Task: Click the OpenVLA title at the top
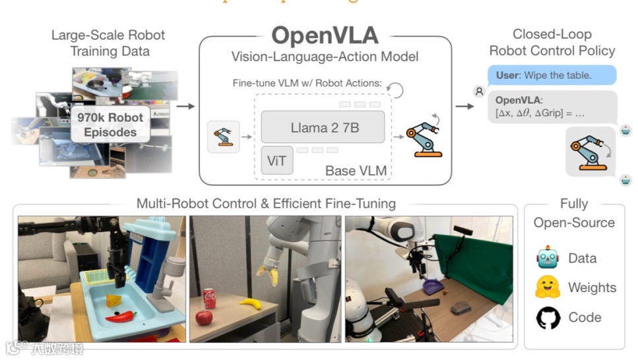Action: click(x=325, y=35)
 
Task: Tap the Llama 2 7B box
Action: click(x=323, y=127)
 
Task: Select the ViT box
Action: click(x=277, y=161)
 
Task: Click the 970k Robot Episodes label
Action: click(x=110, y=125)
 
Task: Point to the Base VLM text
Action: click(x=356, y=171)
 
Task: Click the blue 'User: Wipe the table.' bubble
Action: click(x=552, y=75)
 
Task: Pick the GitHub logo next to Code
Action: click(x=548, y=318)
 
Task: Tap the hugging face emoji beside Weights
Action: click(x=548, y=287)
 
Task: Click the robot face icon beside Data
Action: click(x=548, y=258)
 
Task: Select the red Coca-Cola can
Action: click(x=209, y=299)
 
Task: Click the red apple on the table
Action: click(x=204, y=318)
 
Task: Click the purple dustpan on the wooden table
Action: click(x=432, y=287)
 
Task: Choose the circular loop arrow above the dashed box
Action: click(x=395, y=90)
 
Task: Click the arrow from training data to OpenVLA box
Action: click(x=186, y=106)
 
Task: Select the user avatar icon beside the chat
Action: click(x=480, y=92)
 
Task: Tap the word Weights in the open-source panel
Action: click(x=592, y=287)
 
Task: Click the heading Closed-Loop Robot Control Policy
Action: click(x=552, y=42)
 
